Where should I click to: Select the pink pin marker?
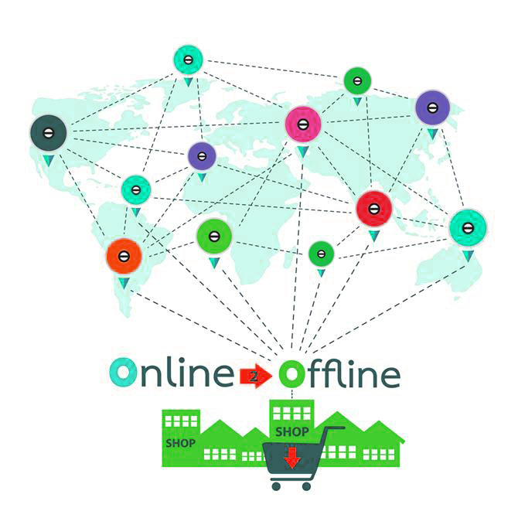tap(303, 124)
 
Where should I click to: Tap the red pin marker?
tap(374, 208)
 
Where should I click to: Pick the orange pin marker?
tap(124, 254)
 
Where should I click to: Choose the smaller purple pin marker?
tap(202, 156)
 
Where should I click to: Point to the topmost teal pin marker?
tap(188, 59)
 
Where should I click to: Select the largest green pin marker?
tap(214, 237)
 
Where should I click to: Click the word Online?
tap(171, 373)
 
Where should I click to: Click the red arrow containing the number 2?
tap(256, 376)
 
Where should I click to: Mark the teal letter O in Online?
tap(122, 373)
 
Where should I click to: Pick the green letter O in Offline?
tap(292, 375)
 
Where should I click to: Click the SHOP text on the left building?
tap(180, 444)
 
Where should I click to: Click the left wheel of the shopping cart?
tap(276, 485)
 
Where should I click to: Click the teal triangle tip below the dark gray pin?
tap(48, 160)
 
